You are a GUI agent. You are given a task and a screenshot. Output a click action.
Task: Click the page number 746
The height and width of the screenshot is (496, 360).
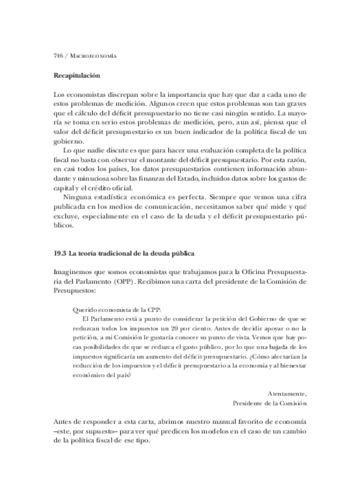(x=57, y=56)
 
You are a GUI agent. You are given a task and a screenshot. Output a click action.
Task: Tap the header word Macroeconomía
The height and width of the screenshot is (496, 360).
(x=94, y=56)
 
